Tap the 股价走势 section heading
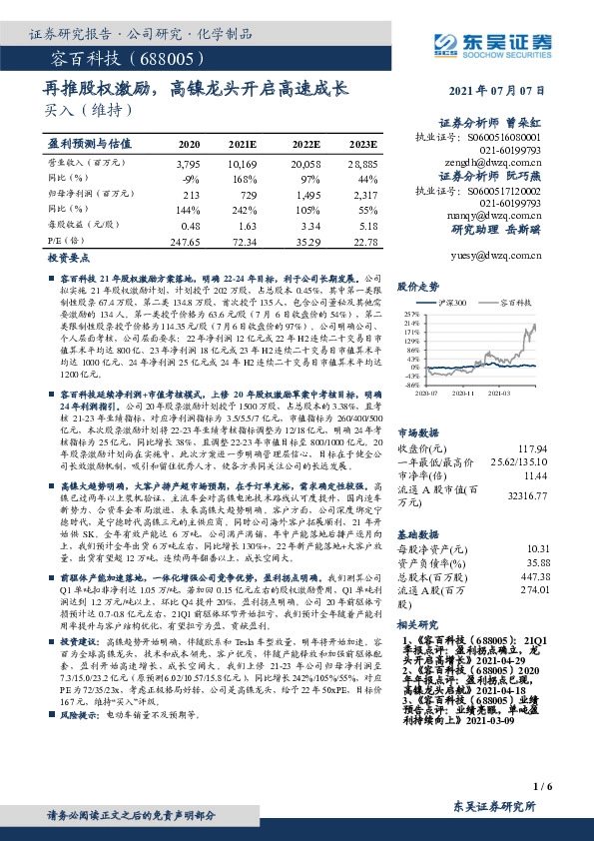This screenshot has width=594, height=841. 418,286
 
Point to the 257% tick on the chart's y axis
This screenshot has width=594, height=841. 412,313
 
